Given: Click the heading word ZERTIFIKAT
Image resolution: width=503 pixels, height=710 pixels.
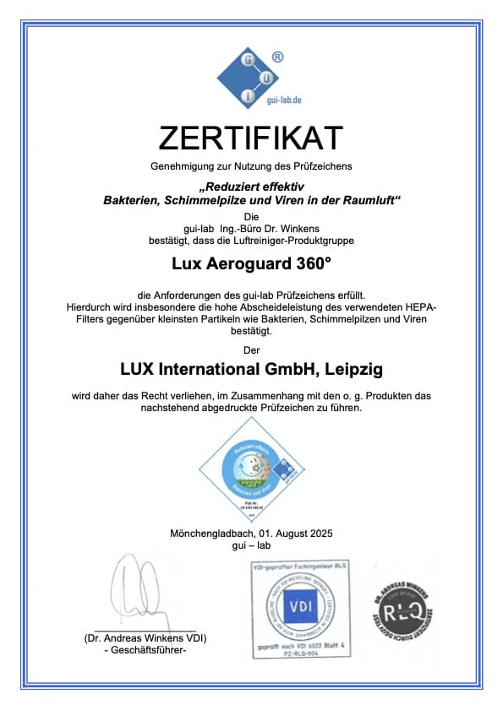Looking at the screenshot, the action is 251,138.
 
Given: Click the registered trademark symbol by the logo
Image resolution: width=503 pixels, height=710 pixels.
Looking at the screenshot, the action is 277,58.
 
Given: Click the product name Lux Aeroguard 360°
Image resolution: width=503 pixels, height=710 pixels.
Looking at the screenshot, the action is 251,263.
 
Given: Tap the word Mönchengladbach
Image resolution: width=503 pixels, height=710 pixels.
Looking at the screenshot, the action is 212,534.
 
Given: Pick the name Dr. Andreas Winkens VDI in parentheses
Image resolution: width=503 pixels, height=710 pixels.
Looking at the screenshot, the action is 145,637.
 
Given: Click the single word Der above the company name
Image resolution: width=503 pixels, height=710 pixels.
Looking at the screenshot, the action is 251,349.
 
